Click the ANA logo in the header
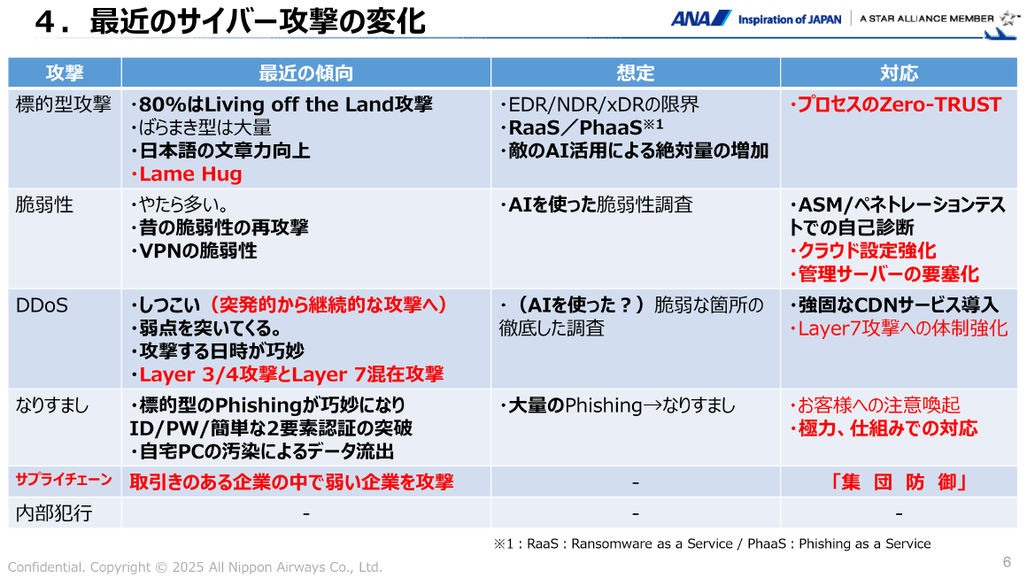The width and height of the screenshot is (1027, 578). coord(700,19)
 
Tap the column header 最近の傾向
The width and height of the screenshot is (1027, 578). coord(305,73)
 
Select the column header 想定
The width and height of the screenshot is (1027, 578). coord(635,73)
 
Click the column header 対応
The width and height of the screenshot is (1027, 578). coord(899,73)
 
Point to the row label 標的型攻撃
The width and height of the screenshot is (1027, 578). coord(64,105)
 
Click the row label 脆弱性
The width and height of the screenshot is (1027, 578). coord(44,205)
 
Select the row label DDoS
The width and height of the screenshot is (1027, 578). coord(42,306)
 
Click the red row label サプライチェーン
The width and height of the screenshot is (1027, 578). coord(64,480)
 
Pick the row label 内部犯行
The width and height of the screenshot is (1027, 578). coord(54,512)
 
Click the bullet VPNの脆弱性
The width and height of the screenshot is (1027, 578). coord(197,251)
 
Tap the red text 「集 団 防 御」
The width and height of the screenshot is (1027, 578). coord(898,482)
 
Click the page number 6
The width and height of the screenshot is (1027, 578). coord(1007,562)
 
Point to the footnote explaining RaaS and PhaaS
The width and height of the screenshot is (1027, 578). coord(712,543)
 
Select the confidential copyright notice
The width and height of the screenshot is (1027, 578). coord(195,566)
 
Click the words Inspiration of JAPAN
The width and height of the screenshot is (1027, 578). coord(790,19)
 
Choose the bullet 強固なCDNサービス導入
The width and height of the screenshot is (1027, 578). coord(897,306)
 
